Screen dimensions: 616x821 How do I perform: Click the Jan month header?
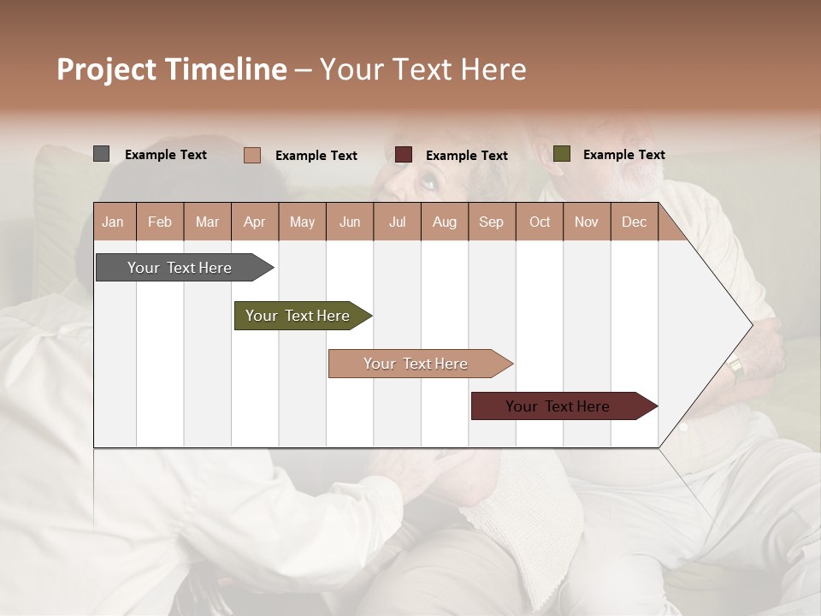[x=113, y=222]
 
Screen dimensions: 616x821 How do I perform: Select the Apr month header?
[x=254, y=222]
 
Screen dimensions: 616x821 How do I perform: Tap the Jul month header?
[x=397, y=222]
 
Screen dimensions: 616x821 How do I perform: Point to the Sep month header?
[x=491, y=222]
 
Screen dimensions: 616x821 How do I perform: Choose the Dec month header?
[x=634, y=222]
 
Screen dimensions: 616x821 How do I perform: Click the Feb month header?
[x=160, y=222]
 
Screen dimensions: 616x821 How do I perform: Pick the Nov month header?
[x=586, y=222]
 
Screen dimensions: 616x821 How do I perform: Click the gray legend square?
[x=102, y=154]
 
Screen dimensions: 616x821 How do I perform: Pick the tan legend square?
[x=252, y=155]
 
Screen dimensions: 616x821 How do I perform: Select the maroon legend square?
[x=404, y=155]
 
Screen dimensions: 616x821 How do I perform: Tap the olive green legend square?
[x=562, y=154]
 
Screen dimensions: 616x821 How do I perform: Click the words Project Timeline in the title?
[x=171, y=69]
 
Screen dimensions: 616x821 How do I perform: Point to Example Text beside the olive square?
[x=623, y=155]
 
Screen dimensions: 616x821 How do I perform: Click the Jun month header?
[x=350, y=222]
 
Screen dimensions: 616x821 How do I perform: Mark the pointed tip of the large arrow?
[x=751, y=325]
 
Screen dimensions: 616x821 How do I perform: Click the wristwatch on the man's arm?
[x=735, y=367]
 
